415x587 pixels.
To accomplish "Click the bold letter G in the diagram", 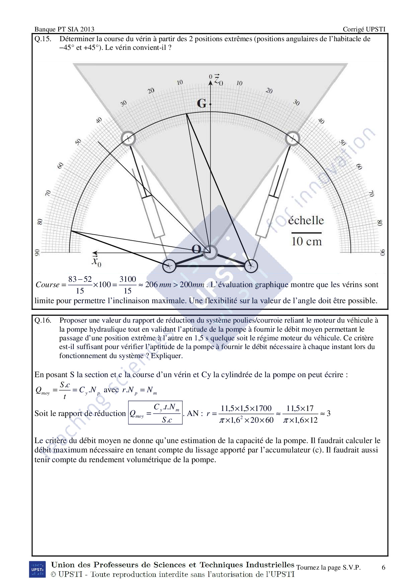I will tap(201, 103).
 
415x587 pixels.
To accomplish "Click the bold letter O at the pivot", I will tap(197, 249).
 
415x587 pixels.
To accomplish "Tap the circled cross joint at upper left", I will tap(128, 138).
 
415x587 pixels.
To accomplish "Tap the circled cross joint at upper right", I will tap(292, 138).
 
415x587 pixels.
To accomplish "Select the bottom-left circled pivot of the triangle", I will tap(169, 266).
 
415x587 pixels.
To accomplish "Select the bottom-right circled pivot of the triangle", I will tap(251, 266).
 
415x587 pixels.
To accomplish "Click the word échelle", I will tap(306, 221).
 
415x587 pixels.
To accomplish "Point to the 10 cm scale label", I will tap(306, 241).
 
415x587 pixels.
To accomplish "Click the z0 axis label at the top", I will tap(218, 80).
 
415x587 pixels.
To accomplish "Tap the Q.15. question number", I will tap(43, 39).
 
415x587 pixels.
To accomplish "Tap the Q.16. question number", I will tap(43, 320).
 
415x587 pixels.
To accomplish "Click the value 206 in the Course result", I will tap(151, 285).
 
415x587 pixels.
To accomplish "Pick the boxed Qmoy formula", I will tap(155, 413).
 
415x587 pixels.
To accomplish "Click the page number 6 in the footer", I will tap(384, 567).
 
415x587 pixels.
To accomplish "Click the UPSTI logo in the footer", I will tap(37, 569).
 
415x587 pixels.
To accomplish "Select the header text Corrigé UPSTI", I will tap(364, 29).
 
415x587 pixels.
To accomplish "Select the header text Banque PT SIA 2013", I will tap(64, 29).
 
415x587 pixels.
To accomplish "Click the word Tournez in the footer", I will tap(308, 567).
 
